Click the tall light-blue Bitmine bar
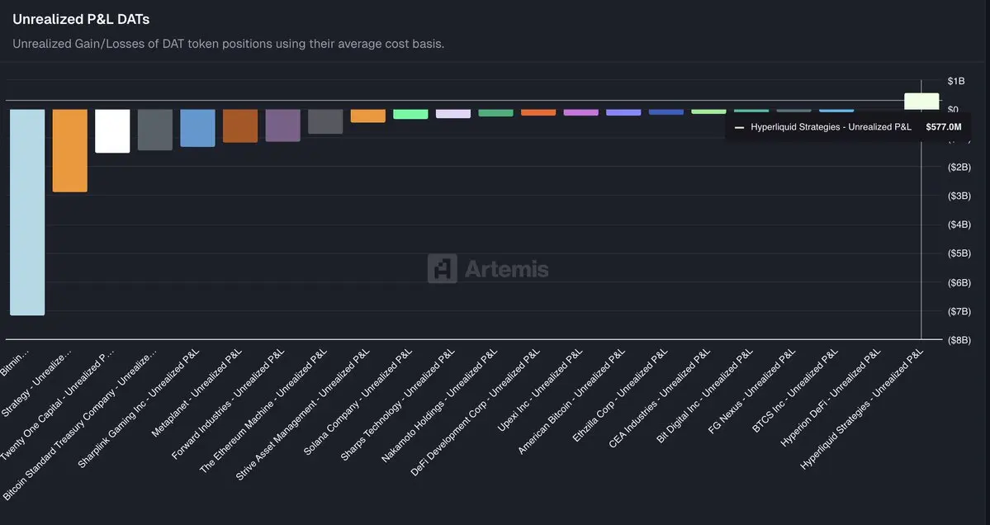pyautogui.click(x=27, y=212)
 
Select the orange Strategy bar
pyautogui.click(x=70, y=150)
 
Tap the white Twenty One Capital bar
pyautogui.click(x=112, y=131)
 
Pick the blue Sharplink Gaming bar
pyautogui.click(x=197, y=128)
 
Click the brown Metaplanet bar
pyautogui.click(x=240, y=125)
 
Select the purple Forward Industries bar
pyautogui.click(x=283, y=125)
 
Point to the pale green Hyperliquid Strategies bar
pyautogui.click(x=921, y=101)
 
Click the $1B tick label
pyautogui.click(x=955, y=81)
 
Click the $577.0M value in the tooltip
pyautogui.click(x=943, y=127)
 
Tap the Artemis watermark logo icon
pyautogui.click(x=442, y=269)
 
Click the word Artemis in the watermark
pyautogui.click(x=506, y=269)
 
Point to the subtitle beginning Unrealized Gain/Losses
pyautogui.click(x=229, y=43)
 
